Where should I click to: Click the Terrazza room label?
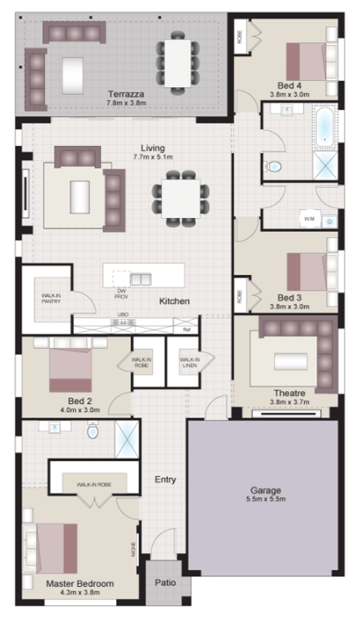[125, 93]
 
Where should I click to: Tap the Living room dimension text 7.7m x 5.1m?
[153, 157]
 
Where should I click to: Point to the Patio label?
[164, 583]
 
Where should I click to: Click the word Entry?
[165, 479]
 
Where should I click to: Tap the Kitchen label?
[174, 301]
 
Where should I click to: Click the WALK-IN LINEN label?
[190, 362]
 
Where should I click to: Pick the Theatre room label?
[289, 392]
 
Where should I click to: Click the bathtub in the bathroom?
[324, 126]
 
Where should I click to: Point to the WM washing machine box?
[308, 219]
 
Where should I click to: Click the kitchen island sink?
[141, 280]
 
